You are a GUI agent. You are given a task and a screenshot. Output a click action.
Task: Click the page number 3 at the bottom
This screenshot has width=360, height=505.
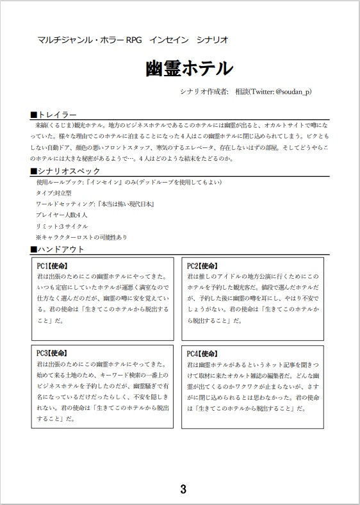click(x=183, y=490)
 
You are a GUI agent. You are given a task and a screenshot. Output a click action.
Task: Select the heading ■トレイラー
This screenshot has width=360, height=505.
click(x=54, y=114)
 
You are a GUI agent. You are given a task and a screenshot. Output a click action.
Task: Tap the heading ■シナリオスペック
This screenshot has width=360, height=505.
click(x=65, y=171)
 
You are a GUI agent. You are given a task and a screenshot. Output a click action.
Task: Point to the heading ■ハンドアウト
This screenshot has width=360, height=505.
click(x=58, y=249)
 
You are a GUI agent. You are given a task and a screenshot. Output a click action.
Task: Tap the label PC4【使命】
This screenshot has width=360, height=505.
click(x=204, y=353)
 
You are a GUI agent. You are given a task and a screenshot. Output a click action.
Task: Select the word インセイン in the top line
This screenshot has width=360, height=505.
click(x=168, y=40)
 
